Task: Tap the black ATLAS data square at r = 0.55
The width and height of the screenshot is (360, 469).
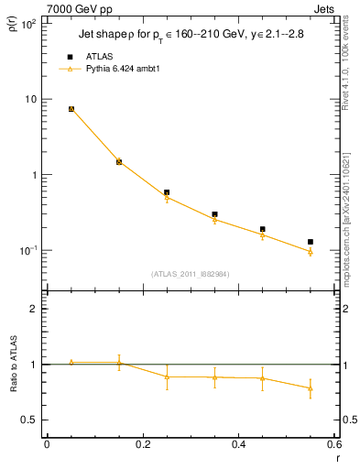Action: point(311,242)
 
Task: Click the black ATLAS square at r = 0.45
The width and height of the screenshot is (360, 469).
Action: point(263,229)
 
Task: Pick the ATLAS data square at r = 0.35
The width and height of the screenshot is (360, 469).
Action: point(214,214)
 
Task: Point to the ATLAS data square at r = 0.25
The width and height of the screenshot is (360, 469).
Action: point(167,192)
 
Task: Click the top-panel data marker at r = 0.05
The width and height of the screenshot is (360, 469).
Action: point(71,109)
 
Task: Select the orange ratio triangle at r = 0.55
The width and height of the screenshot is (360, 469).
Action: point(311,388)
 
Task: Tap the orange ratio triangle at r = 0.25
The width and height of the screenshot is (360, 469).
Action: point(167,376)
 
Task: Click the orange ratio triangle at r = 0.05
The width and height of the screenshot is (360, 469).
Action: point(71,363)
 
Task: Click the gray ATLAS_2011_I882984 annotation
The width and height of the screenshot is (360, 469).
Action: point(191,274)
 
